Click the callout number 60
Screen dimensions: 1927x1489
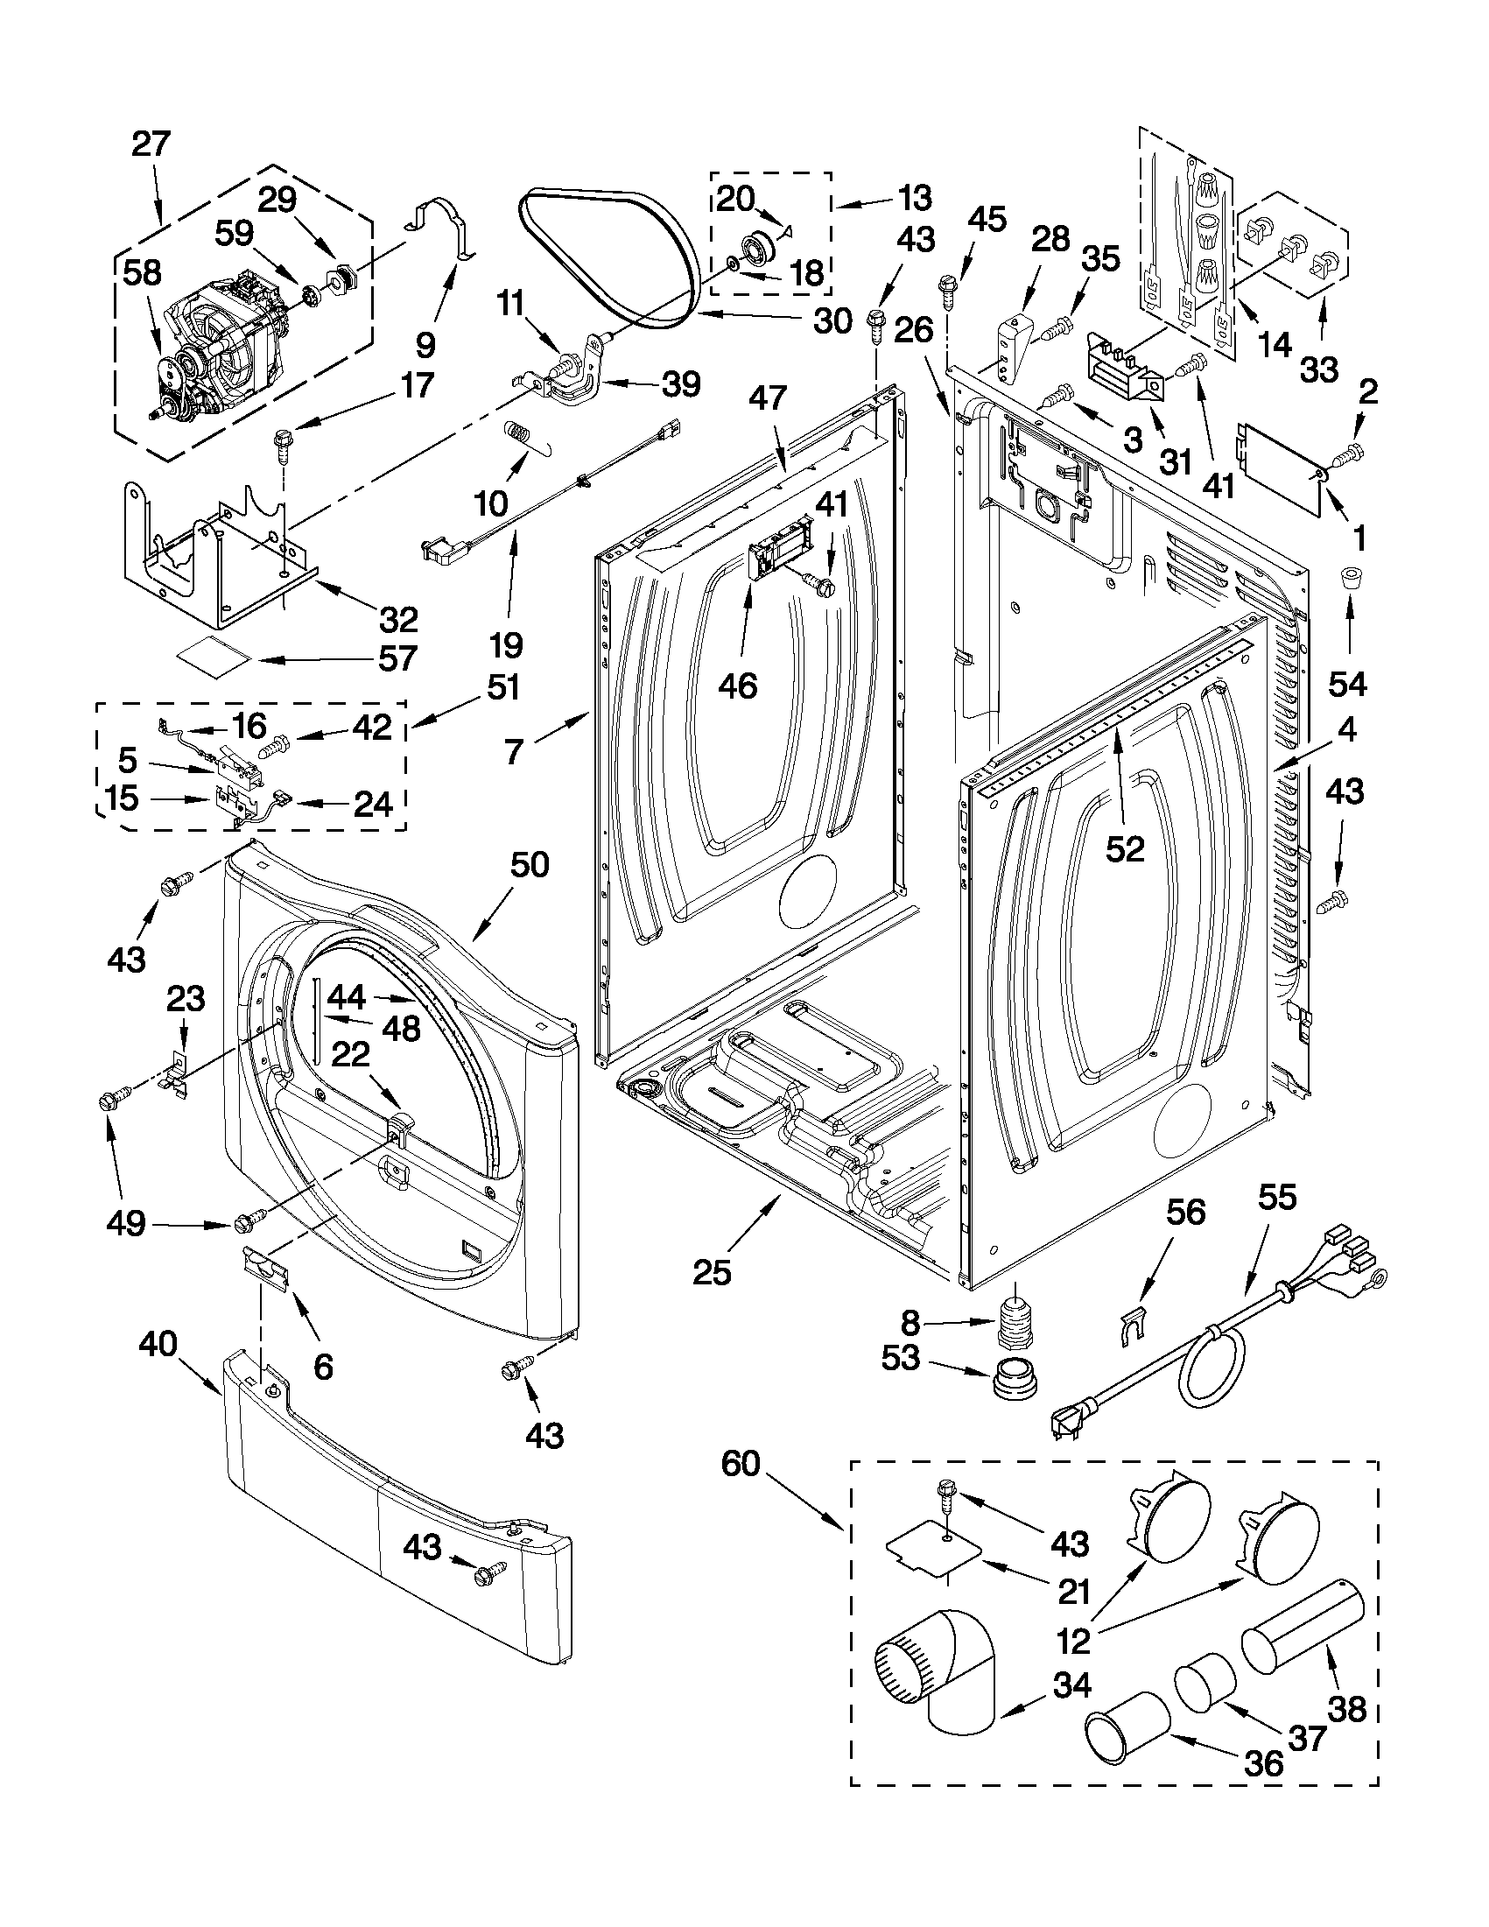pyautogui.click(x=740, y=1464)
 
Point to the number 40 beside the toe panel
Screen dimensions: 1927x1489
pyautogui.click(x=158, y=1345)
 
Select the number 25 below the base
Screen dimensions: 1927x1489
pyautogui.click(x=712, y=1272)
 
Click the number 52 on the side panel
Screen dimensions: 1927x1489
pyautogui.click(x=1125, y=848)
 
